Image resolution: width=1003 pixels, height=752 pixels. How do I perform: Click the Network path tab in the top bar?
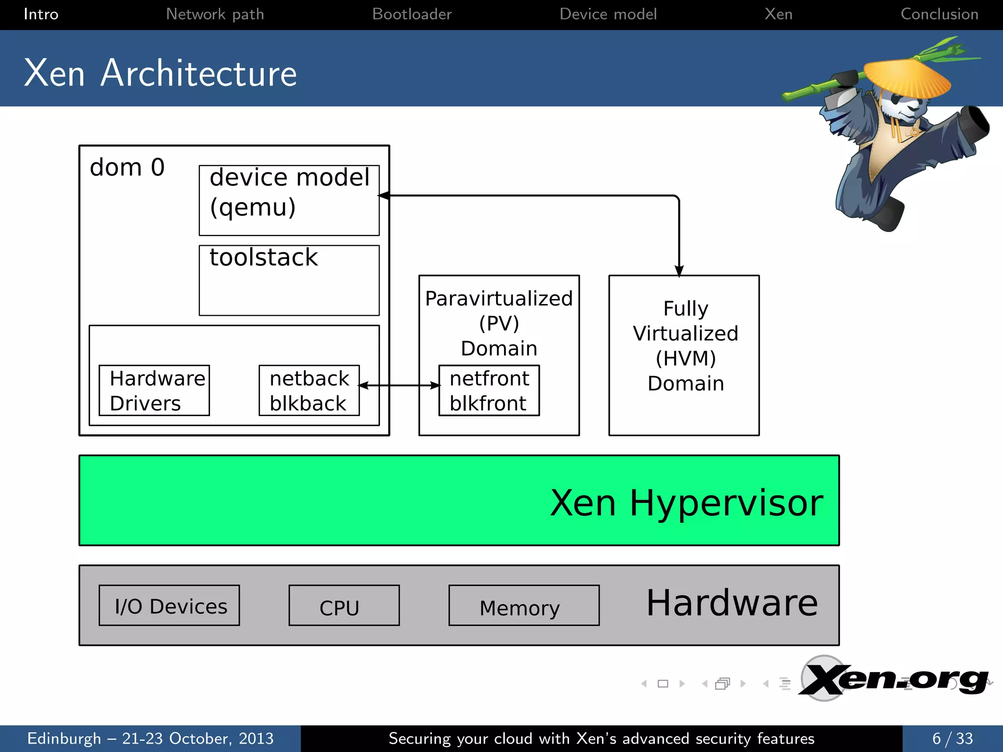tap(215, 14)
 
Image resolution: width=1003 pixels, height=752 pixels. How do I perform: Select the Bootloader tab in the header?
tap(411, 14)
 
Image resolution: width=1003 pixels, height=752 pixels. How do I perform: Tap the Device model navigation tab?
tap(608, 14)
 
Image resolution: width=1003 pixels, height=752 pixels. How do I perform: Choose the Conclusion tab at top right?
tap(939, 14)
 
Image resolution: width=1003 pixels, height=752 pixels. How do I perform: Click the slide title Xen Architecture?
tap(160, 73)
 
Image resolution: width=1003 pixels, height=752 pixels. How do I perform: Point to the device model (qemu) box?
tap(289, 200)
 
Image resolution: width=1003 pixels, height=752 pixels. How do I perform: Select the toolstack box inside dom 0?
tap(289, 280)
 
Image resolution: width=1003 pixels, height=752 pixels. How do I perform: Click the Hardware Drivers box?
tap(154, 390)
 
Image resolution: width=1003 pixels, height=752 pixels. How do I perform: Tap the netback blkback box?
tap(309, 390)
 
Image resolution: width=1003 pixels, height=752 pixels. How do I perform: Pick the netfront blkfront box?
tap(489, 390)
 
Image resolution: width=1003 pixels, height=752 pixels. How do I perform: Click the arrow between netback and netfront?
tap(399, 386)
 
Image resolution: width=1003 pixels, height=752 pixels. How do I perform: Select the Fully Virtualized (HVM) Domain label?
tap(685, 346)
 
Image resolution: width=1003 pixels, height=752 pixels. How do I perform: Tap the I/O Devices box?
tap(169, 606)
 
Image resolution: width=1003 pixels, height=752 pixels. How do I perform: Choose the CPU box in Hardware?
tap(344, 606)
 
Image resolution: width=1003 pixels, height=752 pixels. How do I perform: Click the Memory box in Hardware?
tap(524, 606)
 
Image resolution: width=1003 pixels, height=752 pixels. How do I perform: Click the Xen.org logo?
tap(894, 680)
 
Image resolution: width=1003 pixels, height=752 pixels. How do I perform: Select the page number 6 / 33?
tap(952, 738)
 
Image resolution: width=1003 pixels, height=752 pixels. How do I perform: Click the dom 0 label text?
tap(127, 167)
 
